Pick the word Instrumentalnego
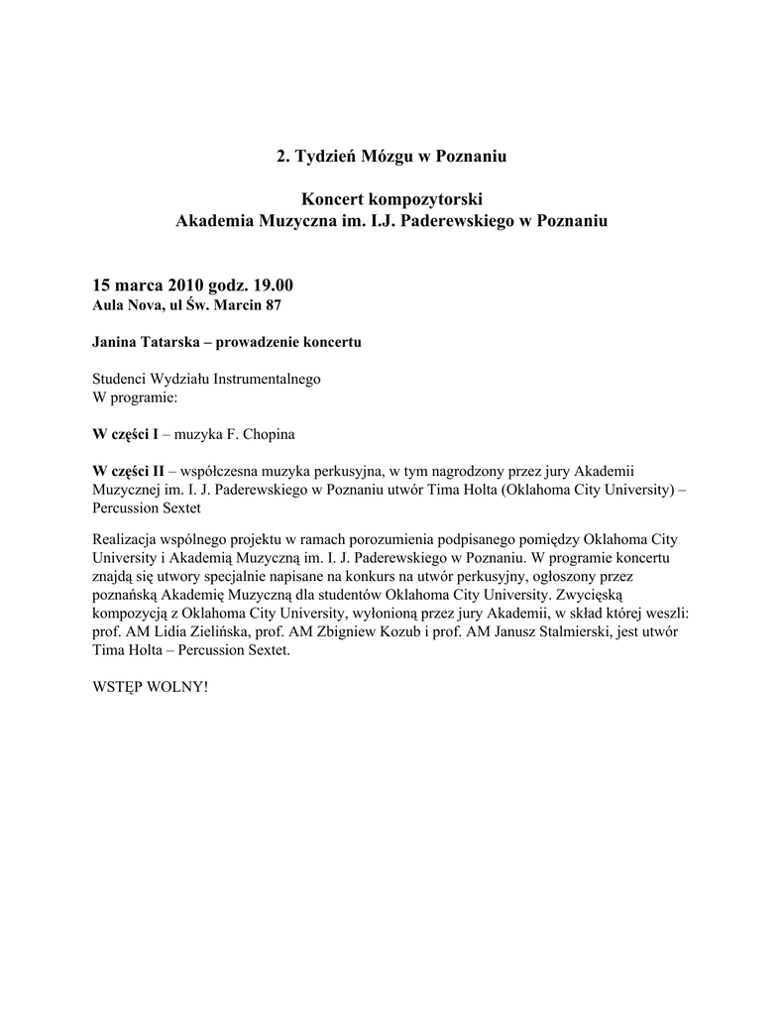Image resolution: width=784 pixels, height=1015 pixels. tap(267, 379)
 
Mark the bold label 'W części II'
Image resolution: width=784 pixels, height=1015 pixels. tap(128, 471)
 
